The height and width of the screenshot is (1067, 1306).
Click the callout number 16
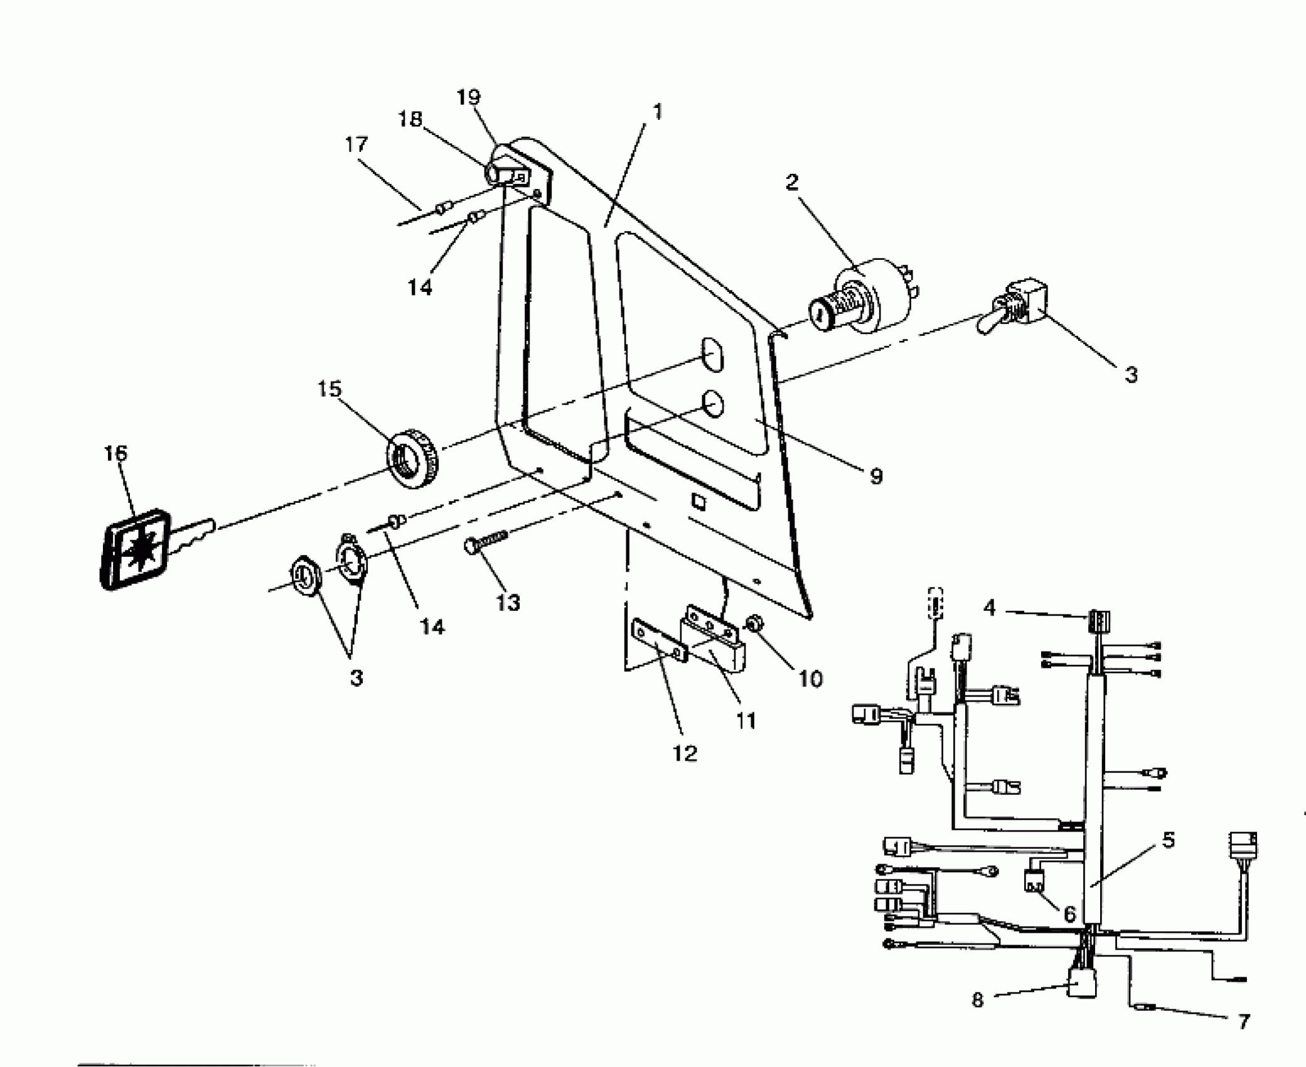[x=115, y=453]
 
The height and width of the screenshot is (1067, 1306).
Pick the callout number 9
[x=876, y=476]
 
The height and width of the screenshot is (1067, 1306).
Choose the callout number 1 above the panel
[x=657, y=112]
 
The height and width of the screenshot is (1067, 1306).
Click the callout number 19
[x=468, y=98]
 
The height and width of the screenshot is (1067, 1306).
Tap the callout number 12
[x=685, y=753]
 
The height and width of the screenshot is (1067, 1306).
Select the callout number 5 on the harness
[x=1168, y=840]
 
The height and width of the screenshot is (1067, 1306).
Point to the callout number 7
[x=1243, y=1022]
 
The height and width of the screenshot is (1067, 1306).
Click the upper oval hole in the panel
[x=711, y=355]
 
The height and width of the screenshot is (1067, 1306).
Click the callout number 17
[x=356, y=145]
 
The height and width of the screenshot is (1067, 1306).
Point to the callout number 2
[x=791, y=183]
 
